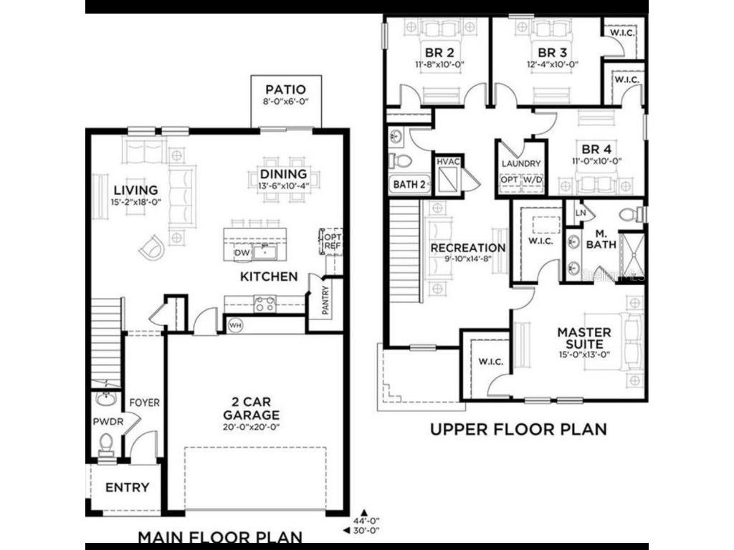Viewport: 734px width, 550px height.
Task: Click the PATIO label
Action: pos(286,90)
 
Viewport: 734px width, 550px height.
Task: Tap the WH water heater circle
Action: pos(235,325)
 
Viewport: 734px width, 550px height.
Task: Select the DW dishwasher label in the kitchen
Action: pos(242,254)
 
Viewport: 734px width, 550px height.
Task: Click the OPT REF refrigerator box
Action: pos(333,242)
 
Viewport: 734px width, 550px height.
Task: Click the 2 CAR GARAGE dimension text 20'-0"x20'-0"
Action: pos(250,427)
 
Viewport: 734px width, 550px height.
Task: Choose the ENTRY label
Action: pos(127,488)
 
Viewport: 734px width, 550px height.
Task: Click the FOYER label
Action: pos(144,403)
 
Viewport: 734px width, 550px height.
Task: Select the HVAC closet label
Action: pos(448,163)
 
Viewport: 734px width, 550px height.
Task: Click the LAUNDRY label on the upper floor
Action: pos(521,163)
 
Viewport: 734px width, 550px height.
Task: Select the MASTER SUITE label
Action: pos(584,338)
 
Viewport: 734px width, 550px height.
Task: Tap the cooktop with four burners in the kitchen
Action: pos(264,304)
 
